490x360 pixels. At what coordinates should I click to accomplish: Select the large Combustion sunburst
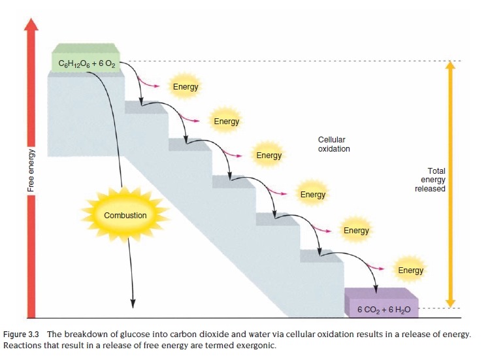125,215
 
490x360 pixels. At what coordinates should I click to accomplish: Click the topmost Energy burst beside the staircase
186,87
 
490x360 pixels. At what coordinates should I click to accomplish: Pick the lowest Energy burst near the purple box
410,270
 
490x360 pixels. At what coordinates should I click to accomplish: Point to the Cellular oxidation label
334,144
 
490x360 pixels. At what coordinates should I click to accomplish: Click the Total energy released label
431,180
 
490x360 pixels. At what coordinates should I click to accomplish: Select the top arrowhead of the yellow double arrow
449,67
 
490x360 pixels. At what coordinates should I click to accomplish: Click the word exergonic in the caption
255,346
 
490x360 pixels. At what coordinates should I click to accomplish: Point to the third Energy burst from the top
269,155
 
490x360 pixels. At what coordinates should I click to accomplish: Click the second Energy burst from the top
227,121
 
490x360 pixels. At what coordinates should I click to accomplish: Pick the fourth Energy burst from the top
313,194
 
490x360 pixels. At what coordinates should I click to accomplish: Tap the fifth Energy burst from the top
356,230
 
